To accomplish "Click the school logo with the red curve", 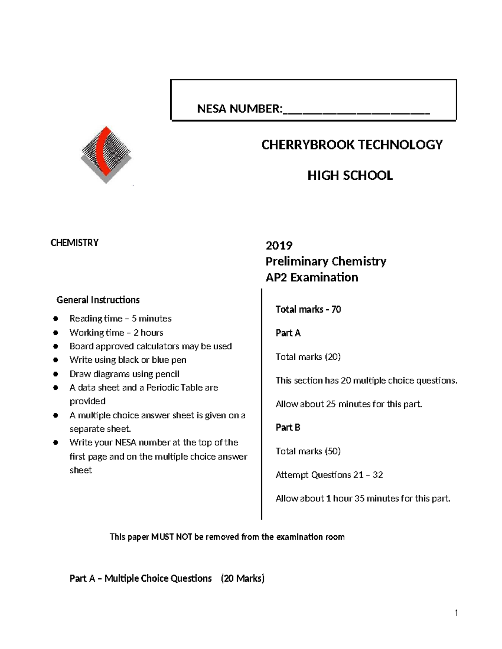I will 106,155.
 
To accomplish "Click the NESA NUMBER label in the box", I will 240,109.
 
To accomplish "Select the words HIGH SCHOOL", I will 350,176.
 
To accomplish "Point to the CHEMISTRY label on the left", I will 74,243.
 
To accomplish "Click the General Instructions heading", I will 98,300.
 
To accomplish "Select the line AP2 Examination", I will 312,277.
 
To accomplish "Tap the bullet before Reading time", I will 55,319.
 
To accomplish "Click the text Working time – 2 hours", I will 116,333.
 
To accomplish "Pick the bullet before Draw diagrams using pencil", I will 55,374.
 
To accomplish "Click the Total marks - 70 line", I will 308,309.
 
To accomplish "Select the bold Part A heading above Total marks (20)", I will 288,333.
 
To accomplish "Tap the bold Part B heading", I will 288,428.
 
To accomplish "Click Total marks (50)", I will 308,451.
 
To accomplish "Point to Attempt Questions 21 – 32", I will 329,475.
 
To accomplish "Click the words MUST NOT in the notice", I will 172,537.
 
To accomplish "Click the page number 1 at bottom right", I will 456,613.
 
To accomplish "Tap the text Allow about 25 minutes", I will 322,404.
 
